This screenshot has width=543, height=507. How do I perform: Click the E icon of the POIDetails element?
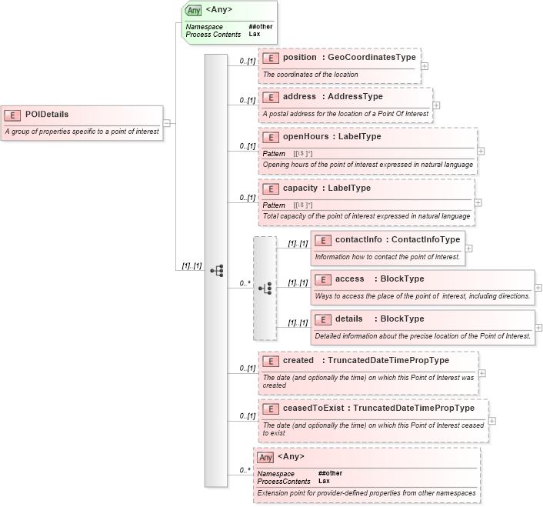pos(12,115)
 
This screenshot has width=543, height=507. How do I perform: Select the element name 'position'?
pos(299,57)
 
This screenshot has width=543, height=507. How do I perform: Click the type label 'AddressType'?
pos(351,96)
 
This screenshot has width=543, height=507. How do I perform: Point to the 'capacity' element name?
pos(299,188)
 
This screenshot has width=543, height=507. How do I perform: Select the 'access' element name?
pos(350,279)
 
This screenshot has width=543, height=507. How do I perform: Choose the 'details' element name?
pos(351,319)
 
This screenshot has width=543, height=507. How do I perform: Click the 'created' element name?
pos(298,360)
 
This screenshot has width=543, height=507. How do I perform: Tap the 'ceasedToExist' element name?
pos(312,408)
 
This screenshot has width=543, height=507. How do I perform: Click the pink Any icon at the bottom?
pos(265,457)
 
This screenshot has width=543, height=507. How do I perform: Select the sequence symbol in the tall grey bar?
pos(216,270)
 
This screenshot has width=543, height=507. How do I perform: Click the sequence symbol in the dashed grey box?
pos(265,289)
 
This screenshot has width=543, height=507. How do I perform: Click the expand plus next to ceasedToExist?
pos(491,421)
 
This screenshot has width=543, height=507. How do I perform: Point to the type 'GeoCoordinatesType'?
pos(371,57)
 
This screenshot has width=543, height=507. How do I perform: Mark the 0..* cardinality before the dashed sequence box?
pos(244,283)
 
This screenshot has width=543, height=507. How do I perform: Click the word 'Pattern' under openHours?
pos(274,154)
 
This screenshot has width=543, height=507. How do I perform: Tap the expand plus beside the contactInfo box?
pos(469,248)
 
